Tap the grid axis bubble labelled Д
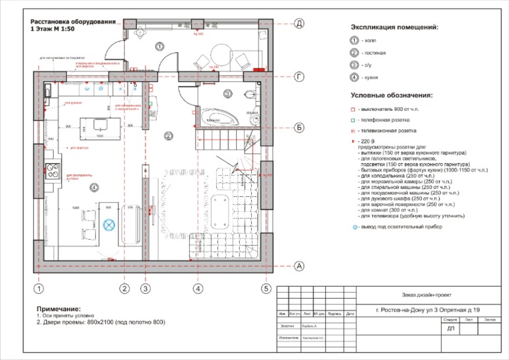tap(299, 24)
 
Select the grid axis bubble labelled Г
tap(299, 77)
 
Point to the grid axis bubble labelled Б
tap(299, 127)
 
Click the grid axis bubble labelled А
tap(299, 266)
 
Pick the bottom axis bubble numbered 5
tap(266, 289)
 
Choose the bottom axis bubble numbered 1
tap(39, 289)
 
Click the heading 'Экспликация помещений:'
tap(394, 28)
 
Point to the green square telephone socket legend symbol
tap(354, 120)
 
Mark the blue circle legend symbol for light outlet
tap(354, 227)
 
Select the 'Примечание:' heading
tap(59, 308)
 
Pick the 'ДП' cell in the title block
tap(451, 328)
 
